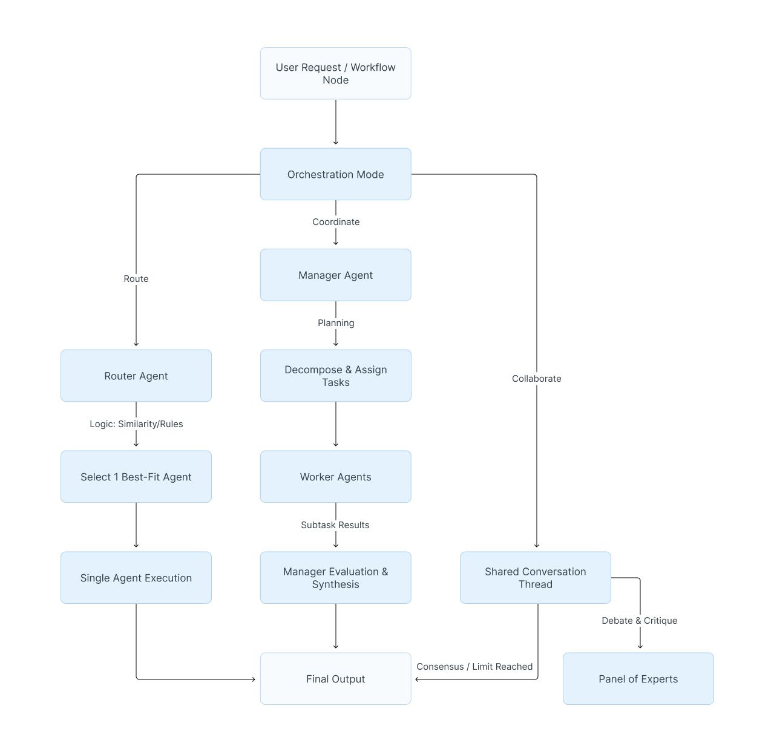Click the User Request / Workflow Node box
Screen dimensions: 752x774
pos(335,73)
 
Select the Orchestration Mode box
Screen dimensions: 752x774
pos(335,174)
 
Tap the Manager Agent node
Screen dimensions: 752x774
pos(335,275)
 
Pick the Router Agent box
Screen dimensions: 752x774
pos(136,376)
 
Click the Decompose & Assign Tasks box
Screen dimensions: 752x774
pos(335,376)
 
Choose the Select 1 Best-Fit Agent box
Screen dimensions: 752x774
pos(136,477)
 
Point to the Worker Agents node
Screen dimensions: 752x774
pos(335,477)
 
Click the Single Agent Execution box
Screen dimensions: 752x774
pos(136,578)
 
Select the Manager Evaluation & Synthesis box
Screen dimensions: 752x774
pos(335,578)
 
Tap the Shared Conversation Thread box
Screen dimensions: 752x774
pos(535,578)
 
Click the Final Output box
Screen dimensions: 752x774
pos(335,679)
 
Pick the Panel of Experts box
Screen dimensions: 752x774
pos(638,679)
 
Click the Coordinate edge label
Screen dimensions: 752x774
pos(336,222)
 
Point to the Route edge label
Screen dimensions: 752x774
pos(136,279)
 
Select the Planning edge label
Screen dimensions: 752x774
pos(336,323)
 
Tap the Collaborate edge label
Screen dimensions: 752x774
pos(536,379)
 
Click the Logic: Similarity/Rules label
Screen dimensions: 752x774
pos(136,424)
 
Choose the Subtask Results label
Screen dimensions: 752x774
pos(335,525)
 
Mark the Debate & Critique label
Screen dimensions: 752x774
pos(639,621)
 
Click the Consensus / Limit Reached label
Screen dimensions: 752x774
pos(474,667)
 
